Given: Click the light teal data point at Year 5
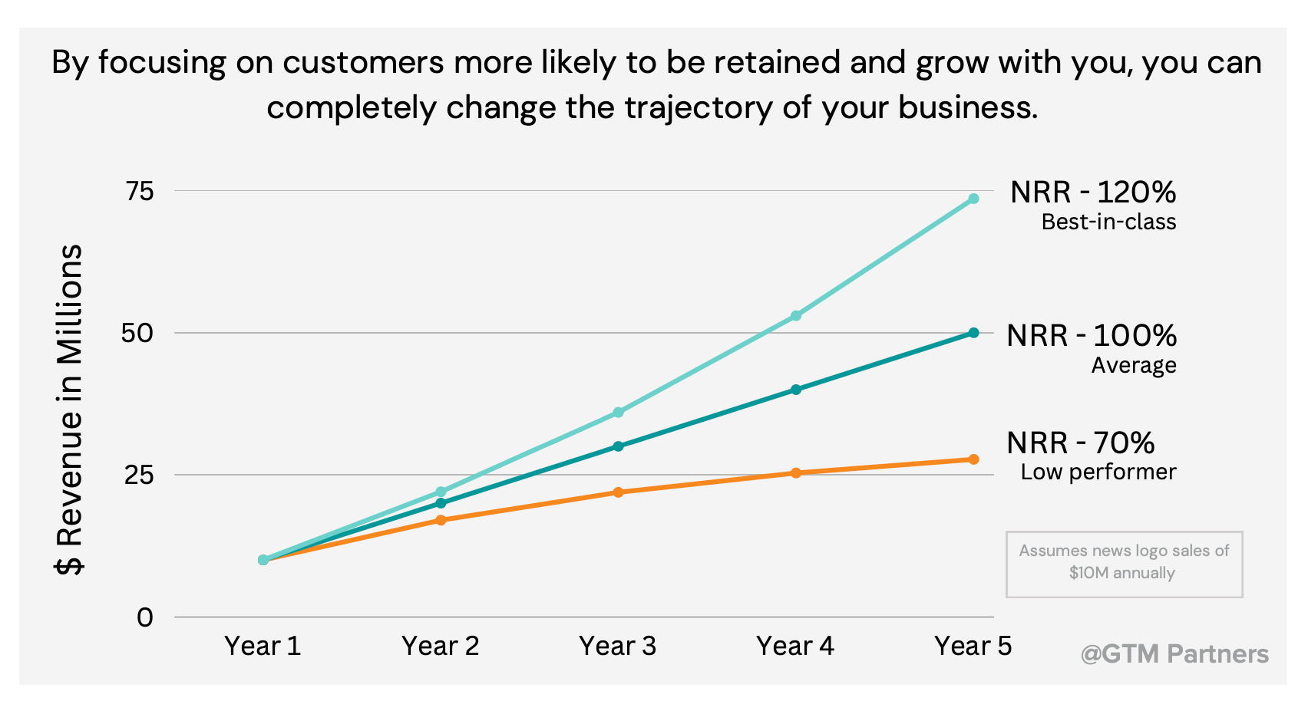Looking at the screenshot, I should tap(973, 199).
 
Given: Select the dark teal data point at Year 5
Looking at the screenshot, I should tap(973, 333).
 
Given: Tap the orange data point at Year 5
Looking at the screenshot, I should tap(973, 459).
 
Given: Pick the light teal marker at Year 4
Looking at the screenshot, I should tap(796, 315).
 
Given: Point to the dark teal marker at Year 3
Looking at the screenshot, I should tap(618, 446).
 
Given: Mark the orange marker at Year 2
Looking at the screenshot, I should tap(441, 520).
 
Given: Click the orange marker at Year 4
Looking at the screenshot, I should tap(796, 473).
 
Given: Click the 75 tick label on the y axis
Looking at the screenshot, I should tap(140, 191).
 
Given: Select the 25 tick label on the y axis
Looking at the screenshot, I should tap(140, 475).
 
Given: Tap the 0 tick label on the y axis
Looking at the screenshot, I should tap(145, 617).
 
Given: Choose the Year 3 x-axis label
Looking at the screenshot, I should tap(618, 646).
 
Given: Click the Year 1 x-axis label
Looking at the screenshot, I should tap(263, 646).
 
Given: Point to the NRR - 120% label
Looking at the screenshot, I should tap(1092, 192).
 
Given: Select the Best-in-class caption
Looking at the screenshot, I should tap(1108, 222).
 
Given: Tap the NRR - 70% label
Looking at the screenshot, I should tap(1080, 443).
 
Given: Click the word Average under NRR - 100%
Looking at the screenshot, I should tap(1134, 365).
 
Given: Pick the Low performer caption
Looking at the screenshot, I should tap(1098, 472).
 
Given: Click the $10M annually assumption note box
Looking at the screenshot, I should tap(1124, 563).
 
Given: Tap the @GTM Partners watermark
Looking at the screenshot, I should tap(1174, 653).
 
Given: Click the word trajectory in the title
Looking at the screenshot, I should tap(698, 107).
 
